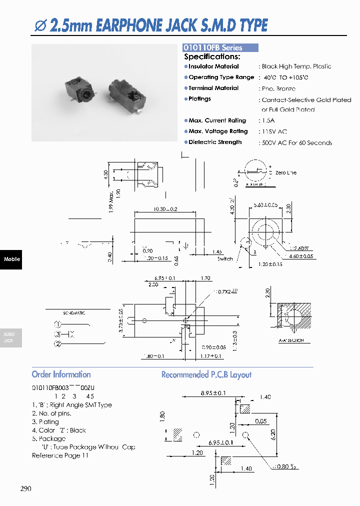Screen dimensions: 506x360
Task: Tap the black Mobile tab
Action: [x=11, y=259]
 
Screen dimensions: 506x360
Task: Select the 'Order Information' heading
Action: [x=61, y=374]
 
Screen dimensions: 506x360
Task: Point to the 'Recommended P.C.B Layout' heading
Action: [x=206, y=374]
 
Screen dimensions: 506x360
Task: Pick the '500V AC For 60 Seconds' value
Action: [x=296, y=143]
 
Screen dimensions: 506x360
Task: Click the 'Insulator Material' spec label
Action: [x=213, y=66]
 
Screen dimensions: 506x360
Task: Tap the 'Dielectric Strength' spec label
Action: [x=215, y=142]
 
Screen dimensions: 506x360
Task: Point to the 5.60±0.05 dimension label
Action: [x=265, y=205]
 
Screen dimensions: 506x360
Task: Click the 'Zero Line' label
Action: [x=285, y=173]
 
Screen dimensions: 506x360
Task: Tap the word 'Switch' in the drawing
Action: [x=225, y=259]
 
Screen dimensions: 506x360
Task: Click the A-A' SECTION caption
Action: [x=291, y=340]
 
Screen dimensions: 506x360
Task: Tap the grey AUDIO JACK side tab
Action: [x=11, y=337]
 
